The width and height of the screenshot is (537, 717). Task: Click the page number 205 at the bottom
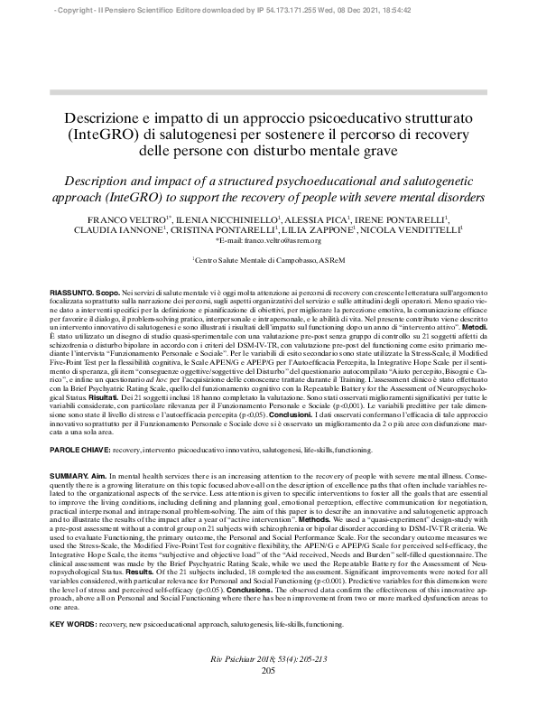268,695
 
